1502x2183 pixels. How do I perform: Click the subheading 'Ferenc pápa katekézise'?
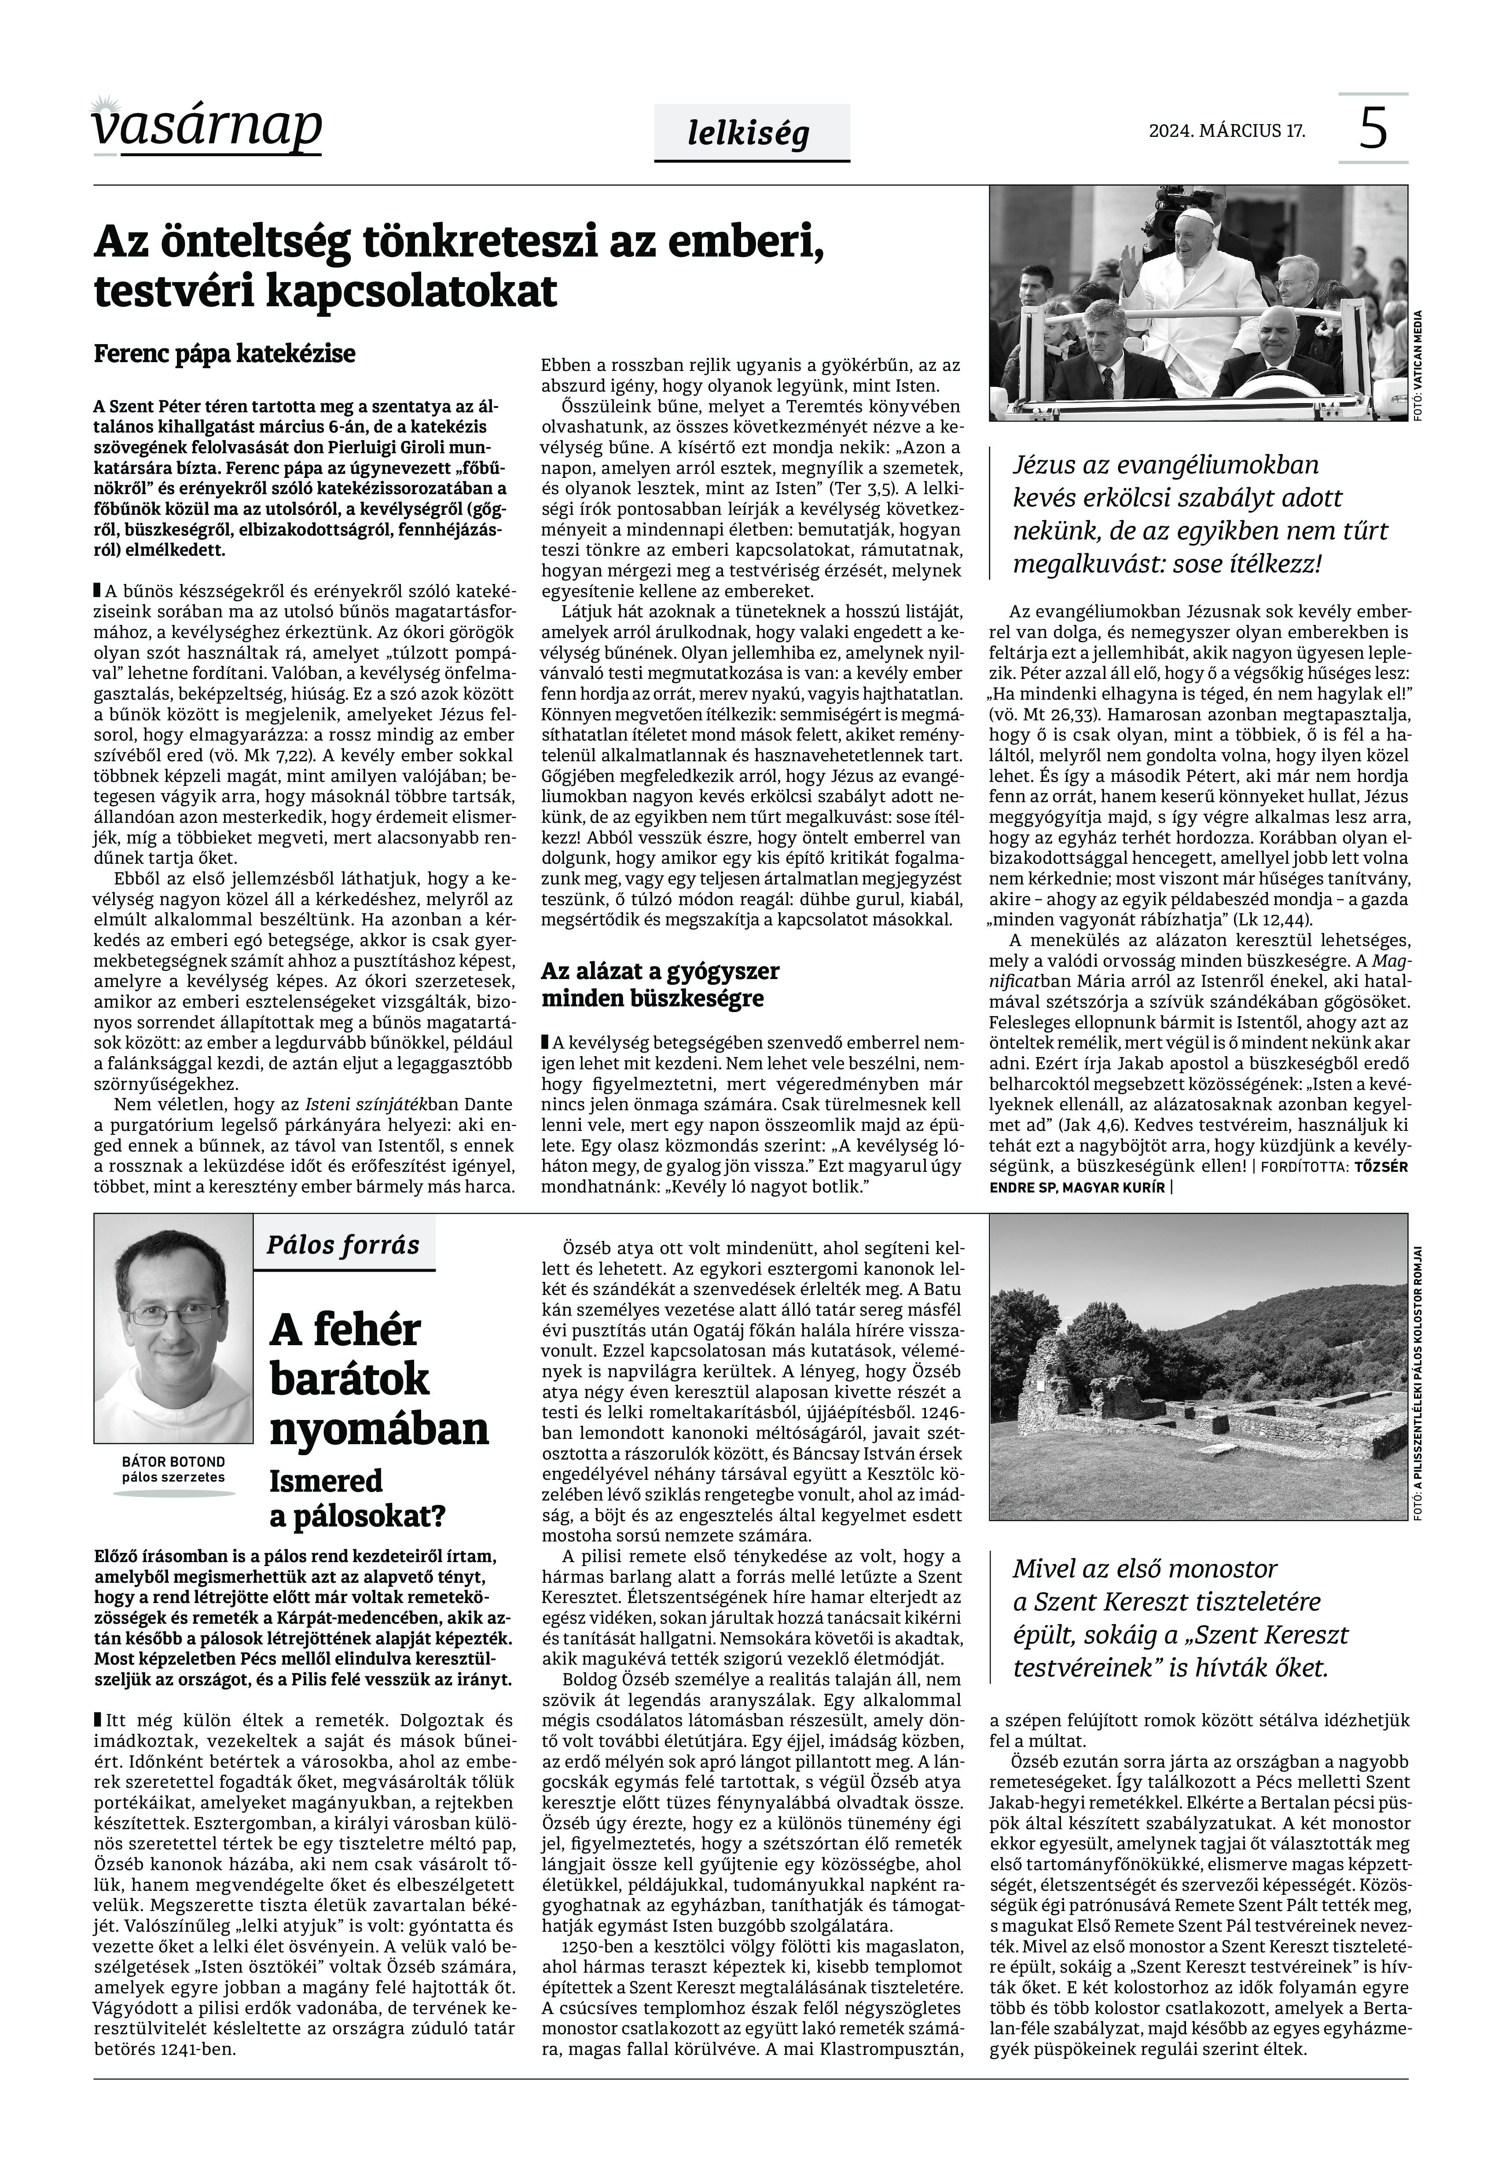pyautogui.click(x=225, y=355)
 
